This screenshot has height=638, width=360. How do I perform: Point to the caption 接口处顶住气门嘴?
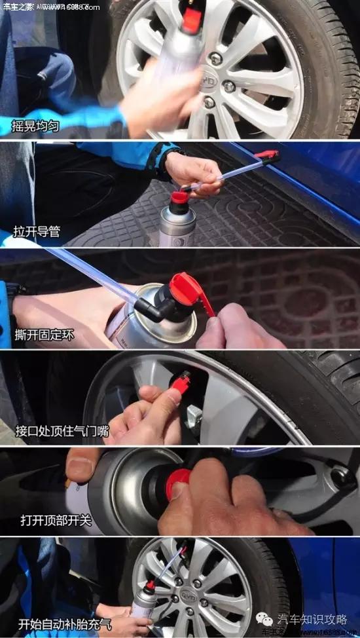[60, 431]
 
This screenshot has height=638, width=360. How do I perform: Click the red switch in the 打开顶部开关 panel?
[178, 482]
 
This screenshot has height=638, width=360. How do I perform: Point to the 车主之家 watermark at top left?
[18, 7]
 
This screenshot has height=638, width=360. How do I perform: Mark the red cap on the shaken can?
[191, 19]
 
